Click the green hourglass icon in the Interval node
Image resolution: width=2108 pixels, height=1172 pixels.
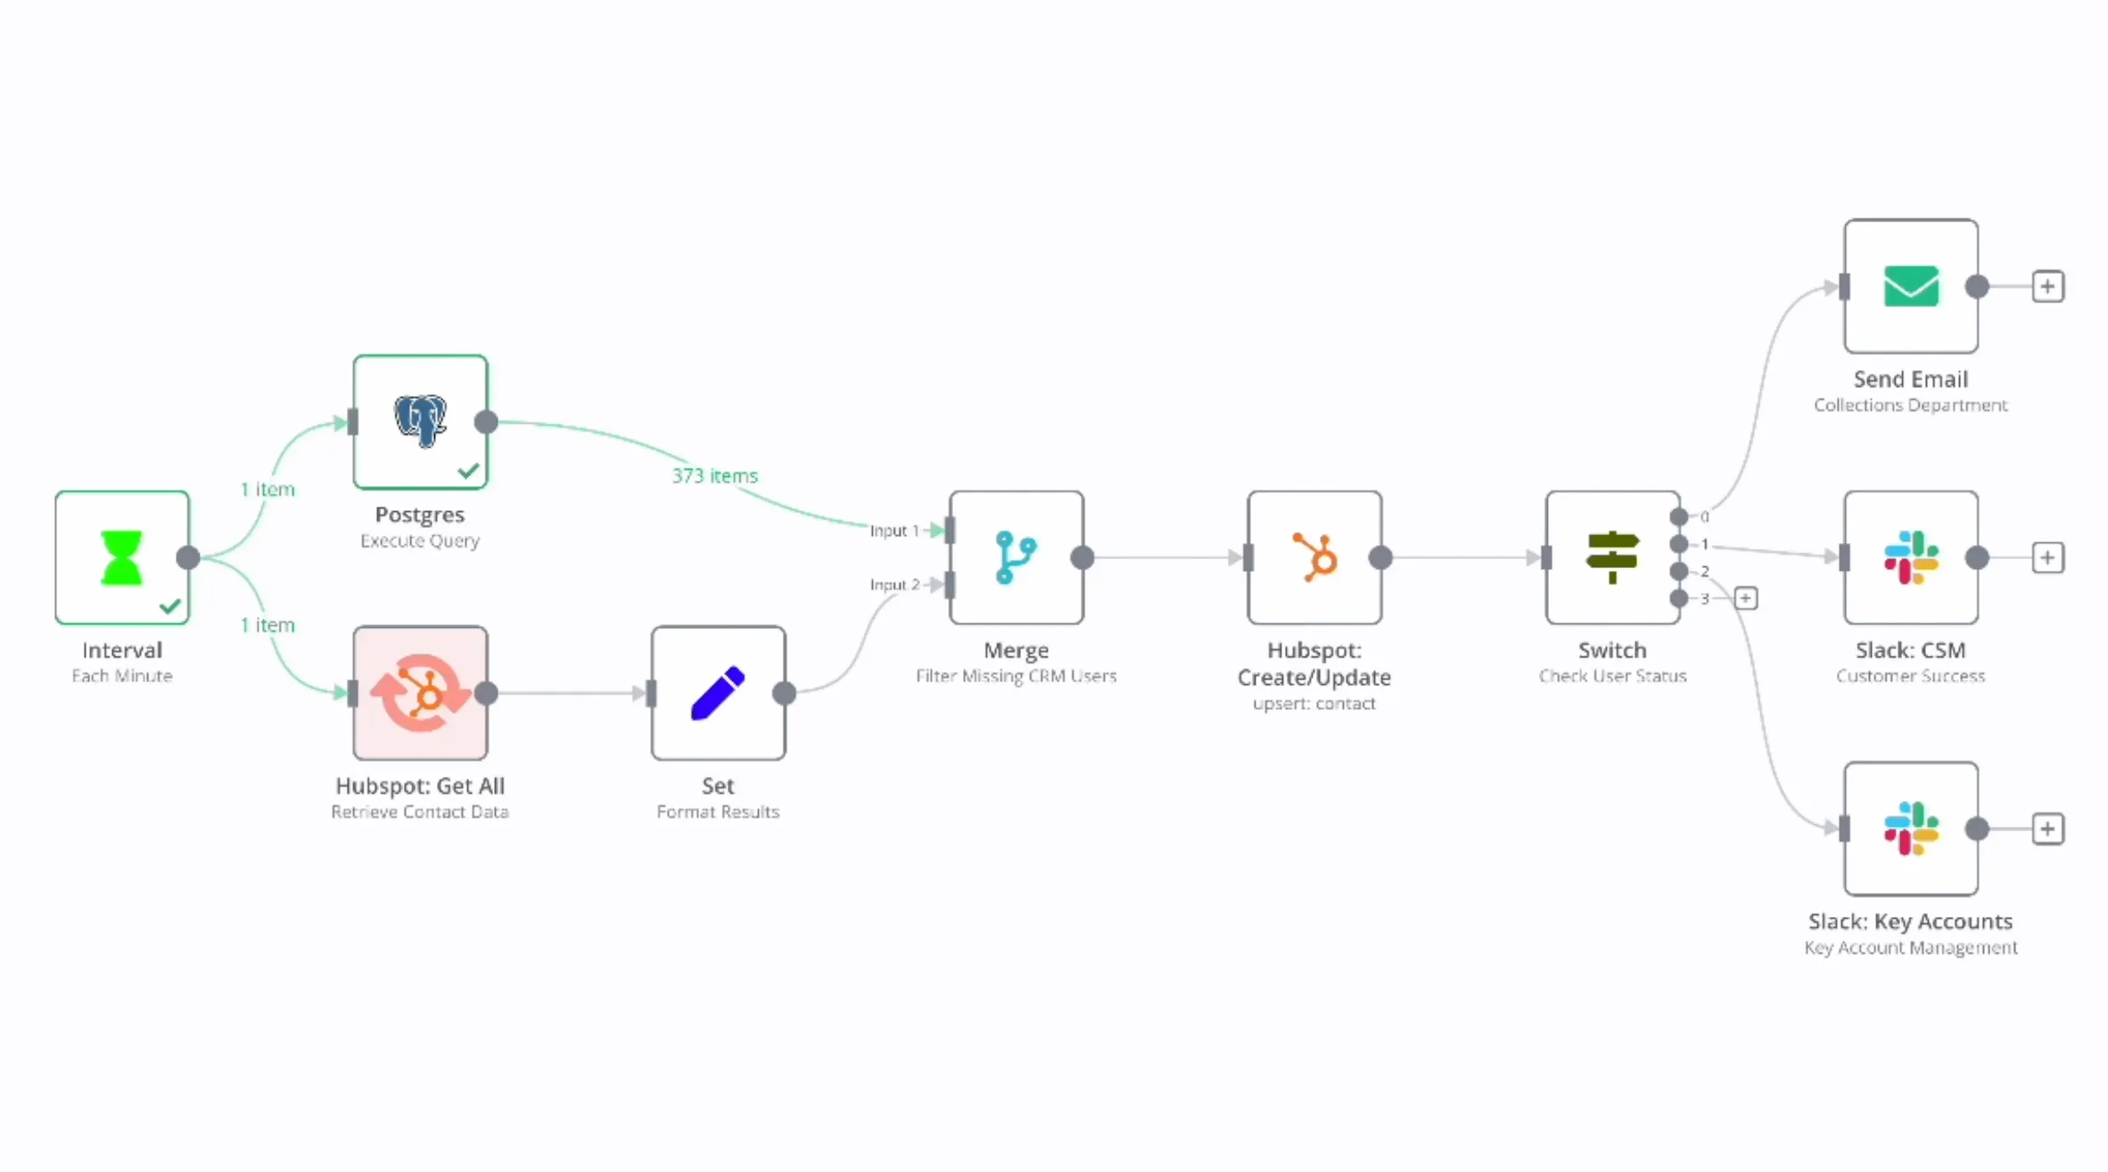[x=121, y=557]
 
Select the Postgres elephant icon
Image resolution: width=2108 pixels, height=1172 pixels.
[x=420, y=421]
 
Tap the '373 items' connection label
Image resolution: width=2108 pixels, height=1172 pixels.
[x=714, y=475]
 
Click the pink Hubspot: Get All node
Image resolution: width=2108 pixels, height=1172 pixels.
[x=420, y=693]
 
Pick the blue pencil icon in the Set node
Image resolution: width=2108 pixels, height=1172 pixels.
[x=718, y=693]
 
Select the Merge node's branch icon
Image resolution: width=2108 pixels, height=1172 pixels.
[x=1016, y=557]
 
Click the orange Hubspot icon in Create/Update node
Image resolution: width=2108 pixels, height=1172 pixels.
[x=1314, y=557]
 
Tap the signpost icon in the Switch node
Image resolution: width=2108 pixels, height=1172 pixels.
[x=1612, y=557]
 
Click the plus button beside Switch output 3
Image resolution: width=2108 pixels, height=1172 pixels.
[x=1746, y=598]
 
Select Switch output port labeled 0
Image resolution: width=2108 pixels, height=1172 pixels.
[x=1679, y=516]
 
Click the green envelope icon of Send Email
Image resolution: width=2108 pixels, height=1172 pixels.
[x=1911, y=286]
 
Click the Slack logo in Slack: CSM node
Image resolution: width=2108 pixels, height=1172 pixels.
[x=1911, y=557]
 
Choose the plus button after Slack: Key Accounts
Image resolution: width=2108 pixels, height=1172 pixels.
[x=2047, y=829]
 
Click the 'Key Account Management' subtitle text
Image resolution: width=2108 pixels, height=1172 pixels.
[x=1910, y=947]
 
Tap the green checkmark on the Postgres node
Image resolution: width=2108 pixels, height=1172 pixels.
[x=468, y=471]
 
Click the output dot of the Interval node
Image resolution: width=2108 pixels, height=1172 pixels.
[x=188, y=557]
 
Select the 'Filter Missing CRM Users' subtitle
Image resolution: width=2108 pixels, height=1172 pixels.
[x=1016, y=676]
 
